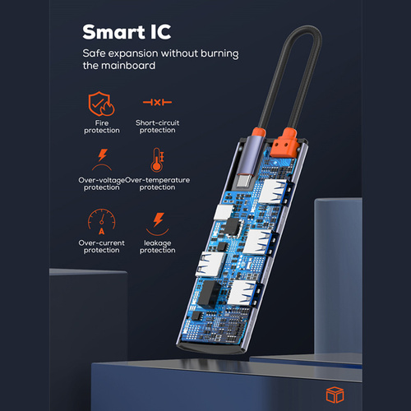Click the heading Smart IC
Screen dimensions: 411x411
click(x=127, y=32)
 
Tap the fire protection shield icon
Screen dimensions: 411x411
click(x=101, y=104)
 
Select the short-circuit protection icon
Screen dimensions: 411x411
click(x=157, y=103)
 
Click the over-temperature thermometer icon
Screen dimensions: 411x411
click(x=157, y=160)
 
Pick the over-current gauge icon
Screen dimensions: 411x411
click(x=102, y=222)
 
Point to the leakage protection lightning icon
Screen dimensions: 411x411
click(x=158, y=224)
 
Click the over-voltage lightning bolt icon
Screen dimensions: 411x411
click(x=102, y=159)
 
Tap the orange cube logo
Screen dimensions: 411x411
click(x=335, y=395)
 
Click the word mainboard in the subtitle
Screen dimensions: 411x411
click(x=128, y=66)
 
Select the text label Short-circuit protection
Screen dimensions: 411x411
click(x=157, y=127)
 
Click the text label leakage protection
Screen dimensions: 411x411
click(x=158, y=247)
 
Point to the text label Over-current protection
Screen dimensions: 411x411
click(x=101, y=247)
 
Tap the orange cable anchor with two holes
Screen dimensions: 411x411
click(x=284, y=144)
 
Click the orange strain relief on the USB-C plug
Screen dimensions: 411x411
click(x=259, y=134)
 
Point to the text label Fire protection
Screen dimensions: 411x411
click(x=102, y=127)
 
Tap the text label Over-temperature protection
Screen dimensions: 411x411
click(x=157, y=183)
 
